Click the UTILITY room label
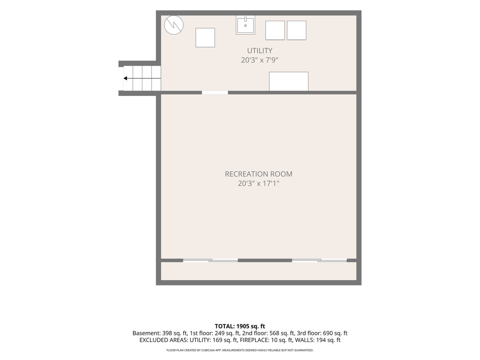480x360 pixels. [260, 51]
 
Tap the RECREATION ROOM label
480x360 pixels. [258, 174]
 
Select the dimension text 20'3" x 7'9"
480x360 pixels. [260, 60]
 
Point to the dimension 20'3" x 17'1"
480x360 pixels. [258, 183]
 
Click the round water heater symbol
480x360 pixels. [174, 25]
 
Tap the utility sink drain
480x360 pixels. [245, 26]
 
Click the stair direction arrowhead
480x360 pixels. [126, 78]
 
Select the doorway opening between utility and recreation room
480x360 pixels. [215, 93]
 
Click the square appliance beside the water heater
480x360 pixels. [205, 38]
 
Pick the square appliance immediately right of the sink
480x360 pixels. [275, 30]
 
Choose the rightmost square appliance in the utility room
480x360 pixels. [296, 30]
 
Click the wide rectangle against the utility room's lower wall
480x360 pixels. [289, 81]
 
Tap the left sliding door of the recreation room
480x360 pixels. [210, 260]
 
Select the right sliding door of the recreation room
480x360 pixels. [319, 260]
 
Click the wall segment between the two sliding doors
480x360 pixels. [265, 260]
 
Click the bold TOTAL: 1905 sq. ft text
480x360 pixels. [240, 326]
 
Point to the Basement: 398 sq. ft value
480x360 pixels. [160, 333]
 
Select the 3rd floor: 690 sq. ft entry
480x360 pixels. [322, 333]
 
